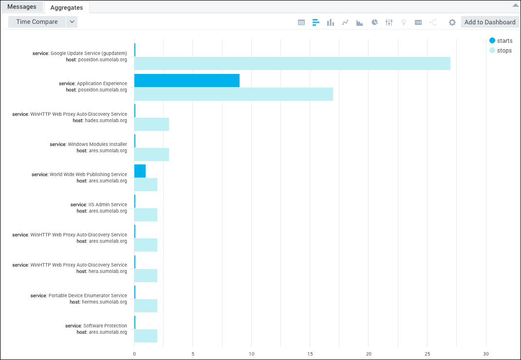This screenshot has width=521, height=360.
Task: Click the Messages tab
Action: click(22, 7)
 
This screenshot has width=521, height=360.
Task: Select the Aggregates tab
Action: click(66, 7)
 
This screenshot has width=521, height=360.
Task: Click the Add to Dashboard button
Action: click(489, 22)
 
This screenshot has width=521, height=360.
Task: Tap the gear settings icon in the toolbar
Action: click(452, 22)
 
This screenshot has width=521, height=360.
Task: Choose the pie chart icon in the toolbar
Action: click(374, 22)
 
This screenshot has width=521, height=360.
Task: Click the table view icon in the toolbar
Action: click(301, 22)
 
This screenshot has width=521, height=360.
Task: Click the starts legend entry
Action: click(501, 41)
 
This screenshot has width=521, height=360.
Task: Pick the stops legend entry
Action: click(501, 51)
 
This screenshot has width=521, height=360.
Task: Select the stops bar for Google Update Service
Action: click(292, 64)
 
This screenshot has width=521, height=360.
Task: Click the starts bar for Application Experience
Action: click(187, 81)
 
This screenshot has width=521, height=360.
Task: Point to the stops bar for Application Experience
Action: click(234, 94)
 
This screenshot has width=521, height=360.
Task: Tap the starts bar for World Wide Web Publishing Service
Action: click(140, 171)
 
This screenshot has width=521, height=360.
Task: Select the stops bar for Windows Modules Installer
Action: click(151, 154)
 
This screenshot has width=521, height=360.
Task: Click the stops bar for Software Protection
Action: click(146, 336)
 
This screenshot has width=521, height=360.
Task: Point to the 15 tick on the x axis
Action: click(310, 354)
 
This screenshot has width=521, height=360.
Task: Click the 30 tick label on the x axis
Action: click(486, 354)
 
